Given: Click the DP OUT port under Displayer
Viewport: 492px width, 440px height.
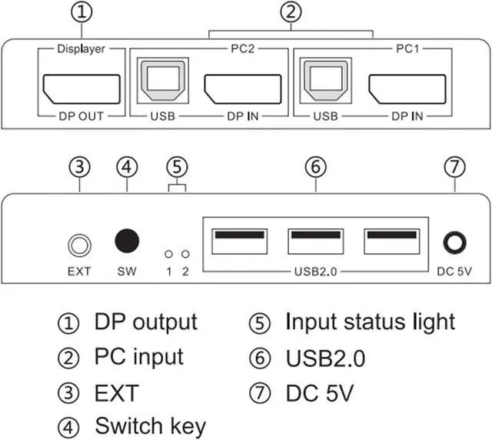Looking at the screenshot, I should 81,89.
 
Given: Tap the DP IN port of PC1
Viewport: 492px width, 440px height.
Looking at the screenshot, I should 407,89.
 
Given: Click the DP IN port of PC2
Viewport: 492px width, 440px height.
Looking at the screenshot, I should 241,89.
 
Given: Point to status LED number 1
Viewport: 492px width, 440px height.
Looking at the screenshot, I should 168,252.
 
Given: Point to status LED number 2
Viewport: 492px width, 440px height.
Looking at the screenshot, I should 185,252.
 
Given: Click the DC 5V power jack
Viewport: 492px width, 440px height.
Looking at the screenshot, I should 454,244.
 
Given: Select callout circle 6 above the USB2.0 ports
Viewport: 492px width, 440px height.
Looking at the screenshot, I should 314,166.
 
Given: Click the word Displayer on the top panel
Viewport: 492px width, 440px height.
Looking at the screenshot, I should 81,49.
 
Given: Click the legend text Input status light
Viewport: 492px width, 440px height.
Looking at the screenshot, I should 370,322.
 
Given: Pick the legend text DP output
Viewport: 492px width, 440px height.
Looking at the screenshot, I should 145,322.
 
